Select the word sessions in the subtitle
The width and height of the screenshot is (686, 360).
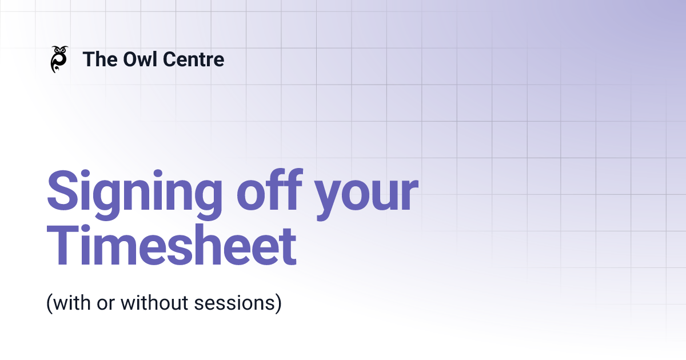click(x=240, y=303)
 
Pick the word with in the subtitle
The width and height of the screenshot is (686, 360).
click(x=69, y=303)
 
